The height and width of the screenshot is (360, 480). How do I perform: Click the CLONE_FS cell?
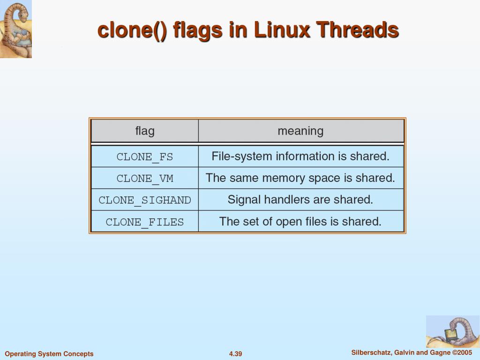[145, 157]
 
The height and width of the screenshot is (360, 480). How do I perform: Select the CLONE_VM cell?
[145, 178]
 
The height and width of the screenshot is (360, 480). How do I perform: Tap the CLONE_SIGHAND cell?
[145, 200]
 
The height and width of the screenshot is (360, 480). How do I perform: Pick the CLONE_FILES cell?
[145, 222]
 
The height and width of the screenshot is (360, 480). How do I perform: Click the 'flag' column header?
[145, 131]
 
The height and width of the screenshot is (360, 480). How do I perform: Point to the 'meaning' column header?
[300, 131]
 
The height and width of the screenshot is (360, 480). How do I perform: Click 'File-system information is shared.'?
[300, 156]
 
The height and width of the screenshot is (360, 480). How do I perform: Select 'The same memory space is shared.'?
[300, 178]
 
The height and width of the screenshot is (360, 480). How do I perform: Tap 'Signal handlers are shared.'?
[300, 200]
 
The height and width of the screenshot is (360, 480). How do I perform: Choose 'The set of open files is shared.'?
[300, 221]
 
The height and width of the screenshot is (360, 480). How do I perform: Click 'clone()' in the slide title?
[132, 30]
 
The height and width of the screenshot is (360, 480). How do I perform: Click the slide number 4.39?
[235, 354]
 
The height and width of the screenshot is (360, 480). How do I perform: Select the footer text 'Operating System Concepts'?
[49, 354]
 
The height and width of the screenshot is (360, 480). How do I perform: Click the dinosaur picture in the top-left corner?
[15, 29]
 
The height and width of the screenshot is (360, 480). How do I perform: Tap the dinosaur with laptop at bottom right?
[452, 331]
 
